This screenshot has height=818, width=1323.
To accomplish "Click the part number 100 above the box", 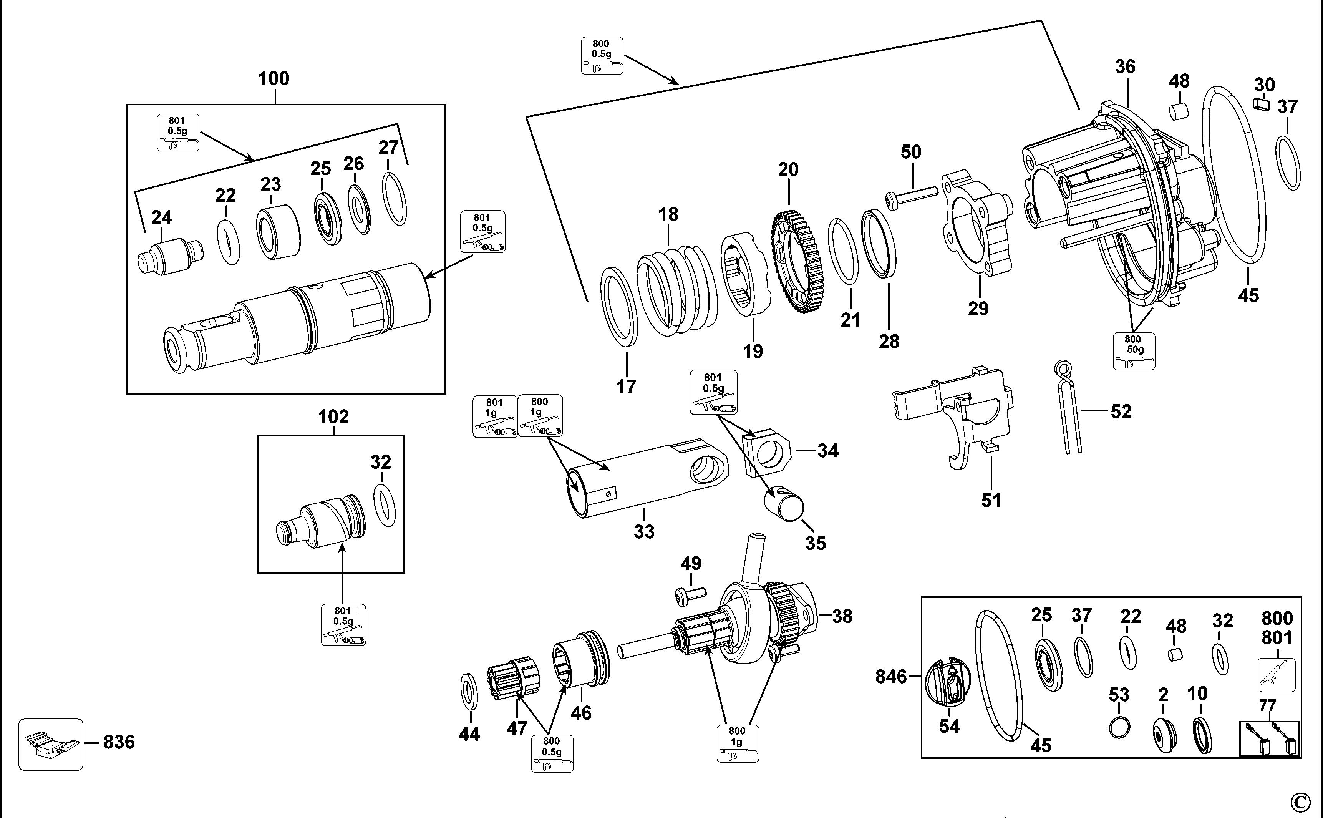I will [x=274, y=79].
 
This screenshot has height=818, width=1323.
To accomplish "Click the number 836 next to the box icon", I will [x=119, y=742].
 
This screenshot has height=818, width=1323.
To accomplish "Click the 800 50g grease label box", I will [x=1134, y=351].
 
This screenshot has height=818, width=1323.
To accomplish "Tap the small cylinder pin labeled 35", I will [x=784, y=503].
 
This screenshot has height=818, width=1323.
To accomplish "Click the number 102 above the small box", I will [x=333, y=417].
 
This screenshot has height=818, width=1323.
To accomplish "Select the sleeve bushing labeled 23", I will [x=278, y=232].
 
